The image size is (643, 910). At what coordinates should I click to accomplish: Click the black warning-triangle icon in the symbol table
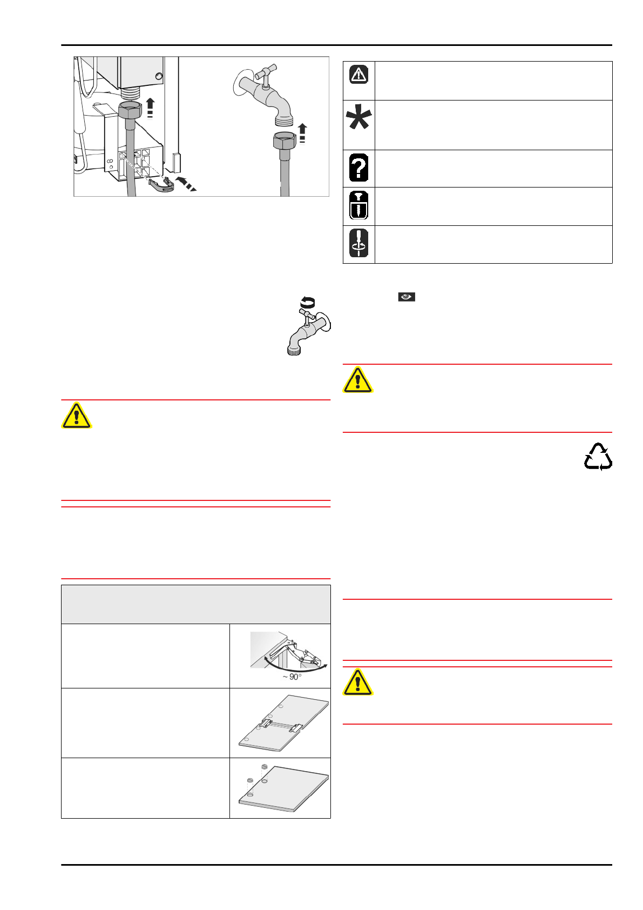click(358, 74)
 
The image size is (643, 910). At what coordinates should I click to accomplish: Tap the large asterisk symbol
click(359, 117)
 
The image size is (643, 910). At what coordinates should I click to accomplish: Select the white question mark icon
click(358, 168)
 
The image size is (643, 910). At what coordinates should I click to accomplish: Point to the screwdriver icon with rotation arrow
click(358, 243)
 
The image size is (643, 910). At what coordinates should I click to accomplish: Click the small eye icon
click(407, 297)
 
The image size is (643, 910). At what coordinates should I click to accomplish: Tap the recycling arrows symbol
click(598, 457)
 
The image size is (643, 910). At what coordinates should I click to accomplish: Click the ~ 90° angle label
click(293, 677)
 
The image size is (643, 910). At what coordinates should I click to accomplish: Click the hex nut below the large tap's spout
click(285, 142)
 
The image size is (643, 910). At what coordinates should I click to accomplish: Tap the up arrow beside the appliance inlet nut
click(150, 107)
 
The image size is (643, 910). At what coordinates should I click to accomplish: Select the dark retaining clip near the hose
click(162, 185)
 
